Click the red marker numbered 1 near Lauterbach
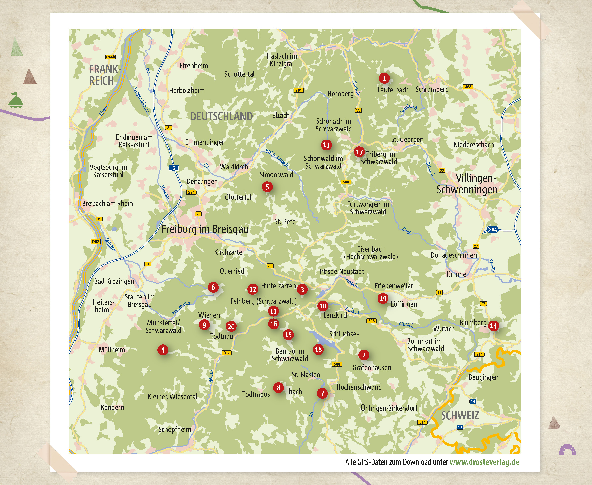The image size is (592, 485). [x=384, y=78]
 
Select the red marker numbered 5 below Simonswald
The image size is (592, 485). [x=267, y=187]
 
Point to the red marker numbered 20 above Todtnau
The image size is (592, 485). [x=231, y=326]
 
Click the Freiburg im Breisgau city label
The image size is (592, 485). [x=205, y=229]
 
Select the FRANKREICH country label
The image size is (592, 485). [x=104, y=75]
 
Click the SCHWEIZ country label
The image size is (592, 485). [x=460, y=416]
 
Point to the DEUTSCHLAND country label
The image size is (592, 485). [x=221, y=116]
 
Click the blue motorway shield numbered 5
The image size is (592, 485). [x=174, y=168]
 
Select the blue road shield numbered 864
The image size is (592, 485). [x=492, y=229]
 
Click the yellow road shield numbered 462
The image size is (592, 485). [x=468, y=87]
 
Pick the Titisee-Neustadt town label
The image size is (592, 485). [x=341, y=271]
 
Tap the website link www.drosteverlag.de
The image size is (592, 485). [x=484, y=462]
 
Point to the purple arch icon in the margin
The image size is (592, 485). [x=567, y=450]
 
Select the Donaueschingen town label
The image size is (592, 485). [x=453, y=255]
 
